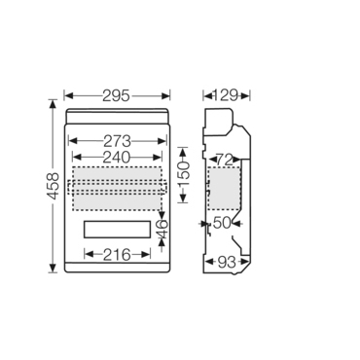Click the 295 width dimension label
[x=116, y=96]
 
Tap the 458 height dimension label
[x=53, y=186]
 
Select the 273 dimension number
[x=117, y=141]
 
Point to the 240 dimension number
[x=117, y=158]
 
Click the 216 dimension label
[x=117, y=255]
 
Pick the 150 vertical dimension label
[x=184, y=175]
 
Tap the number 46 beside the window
[x=162, y=229]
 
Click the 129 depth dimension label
[x=226, y=95]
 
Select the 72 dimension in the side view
[x=227, y=160]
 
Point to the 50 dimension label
[x=223, y=223]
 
